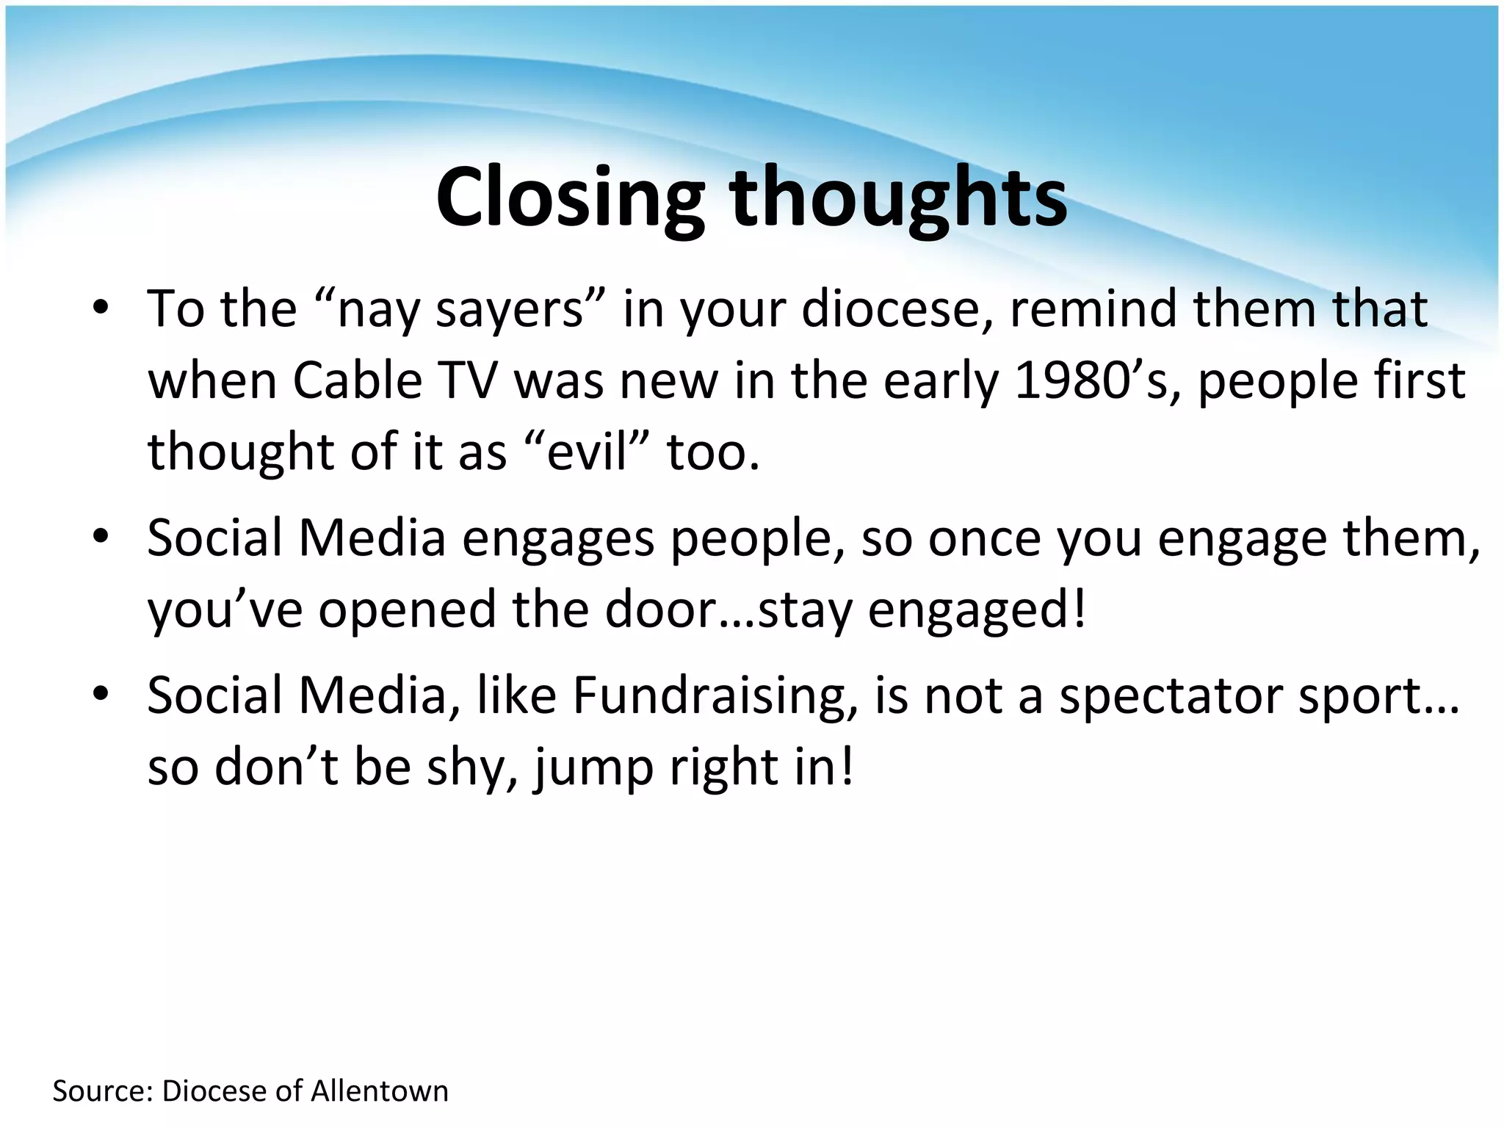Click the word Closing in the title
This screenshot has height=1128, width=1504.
[570, 198]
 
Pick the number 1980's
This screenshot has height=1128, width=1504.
[1099, 380]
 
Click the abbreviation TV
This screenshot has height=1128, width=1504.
[469, 380]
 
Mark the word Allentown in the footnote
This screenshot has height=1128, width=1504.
[380, 1091]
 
